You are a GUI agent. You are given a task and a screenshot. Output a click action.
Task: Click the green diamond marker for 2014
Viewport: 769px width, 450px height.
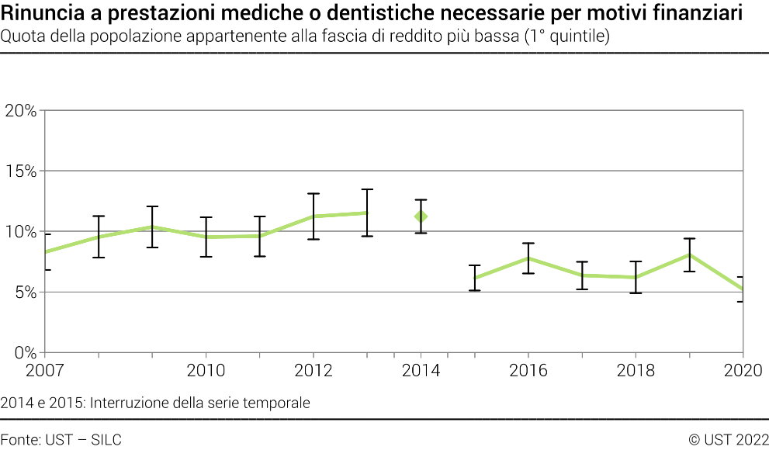(421, 216)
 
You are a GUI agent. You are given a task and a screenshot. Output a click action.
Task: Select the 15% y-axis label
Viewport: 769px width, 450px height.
(20, 171)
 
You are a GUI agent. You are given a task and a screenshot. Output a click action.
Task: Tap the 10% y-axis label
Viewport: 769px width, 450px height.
(20, 232)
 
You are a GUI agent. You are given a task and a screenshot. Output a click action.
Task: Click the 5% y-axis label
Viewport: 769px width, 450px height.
(23, 292)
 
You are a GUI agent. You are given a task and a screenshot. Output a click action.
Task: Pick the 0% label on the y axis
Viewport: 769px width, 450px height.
(23, 353)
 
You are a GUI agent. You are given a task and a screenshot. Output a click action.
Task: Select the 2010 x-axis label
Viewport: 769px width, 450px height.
(206, 371)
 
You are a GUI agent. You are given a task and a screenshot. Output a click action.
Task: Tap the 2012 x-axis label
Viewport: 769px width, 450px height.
(313, 371)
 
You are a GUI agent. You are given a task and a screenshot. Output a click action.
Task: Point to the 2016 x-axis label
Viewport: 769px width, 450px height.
(528, 371)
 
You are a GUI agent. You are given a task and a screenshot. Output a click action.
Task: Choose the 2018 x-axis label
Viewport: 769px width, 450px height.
(636, 371)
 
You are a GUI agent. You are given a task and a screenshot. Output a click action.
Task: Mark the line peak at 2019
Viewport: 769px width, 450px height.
(689, 254)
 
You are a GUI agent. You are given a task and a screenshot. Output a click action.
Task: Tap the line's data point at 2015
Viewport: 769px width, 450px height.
(475, 278)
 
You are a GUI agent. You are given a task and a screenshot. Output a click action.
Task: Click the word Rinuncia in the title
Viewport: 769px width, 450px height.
(38, 13)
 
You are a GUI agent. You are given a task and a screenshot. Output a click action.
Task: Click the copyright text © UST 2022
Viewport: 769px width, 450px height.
(728, 439)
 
